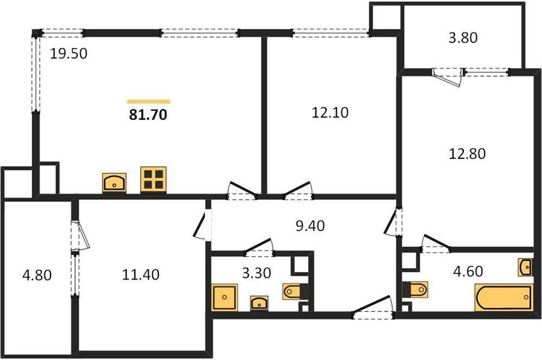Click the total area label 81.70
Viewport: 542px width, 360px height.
[148, 115]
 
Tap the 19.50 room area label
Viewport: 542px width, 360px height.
[69, 54]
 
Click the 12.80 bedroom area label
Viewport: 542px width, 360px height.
[467, 154]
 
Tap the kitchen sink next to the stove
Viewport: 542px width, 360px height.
[114, 182]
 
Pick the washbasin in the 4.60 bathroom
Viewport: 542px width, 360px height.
[525, 267]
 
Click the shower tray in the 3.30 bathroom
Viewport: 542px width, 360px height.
[225, 298]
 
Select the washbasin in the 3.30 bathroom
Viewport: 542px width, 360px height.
[259, 302]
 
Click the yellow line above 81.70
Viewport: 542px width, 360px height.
[149, 101]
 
